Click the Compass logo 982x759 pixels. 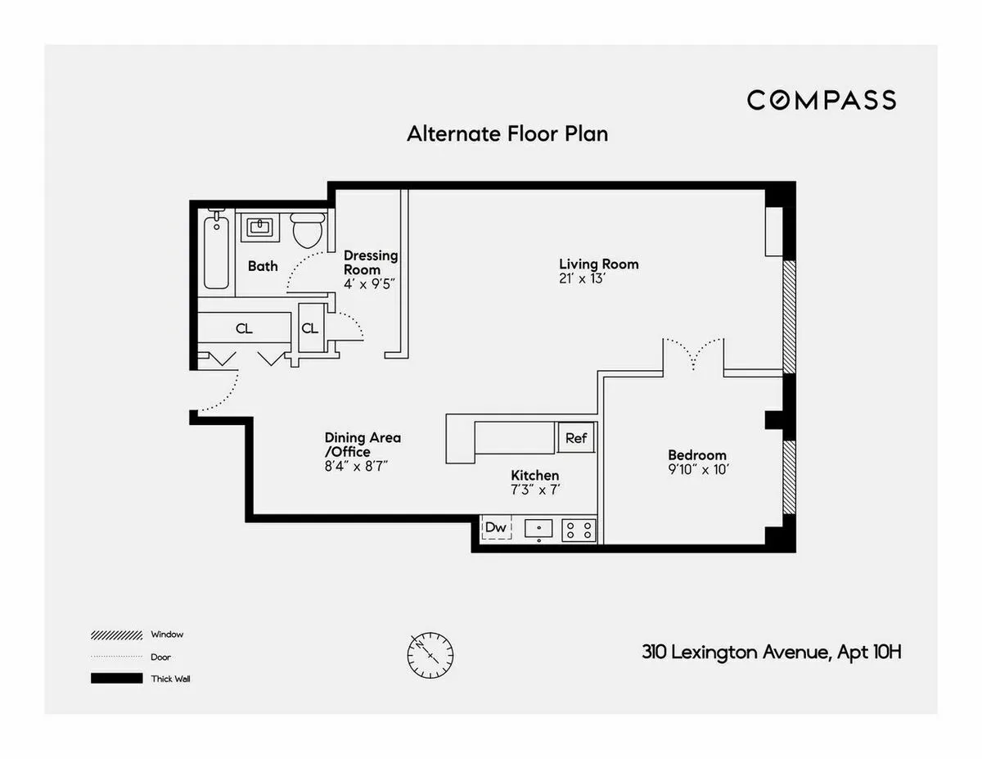click(821, 100)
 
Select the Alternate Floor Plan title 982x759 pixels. click(507, 133)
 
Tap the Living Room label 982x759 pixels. click(598, 264)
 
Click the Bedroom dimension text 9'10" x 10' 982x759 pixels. click(697, 469)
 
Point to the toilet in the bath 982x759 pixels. click(308, 231)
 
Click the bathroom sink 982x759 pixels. click(260, 227)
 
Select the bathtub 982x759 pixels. click(217, 250)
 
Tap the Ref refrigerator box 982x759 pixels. click(576, 438)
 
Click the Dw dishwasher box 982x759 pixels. click(496, 528)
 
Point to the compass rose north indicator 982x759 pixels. click(430, 654)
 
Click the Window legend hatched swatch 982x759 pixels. click(116, 635)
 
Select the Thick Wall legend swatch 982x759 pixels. click(116, 679)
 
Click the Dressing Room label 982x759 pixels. click(370, 262)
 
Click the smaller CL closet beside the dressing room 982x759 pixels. click(310, 328)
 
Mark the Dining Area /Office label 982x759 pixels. click(363, 445)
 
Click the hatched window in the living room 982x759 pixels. click(789, 316)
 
